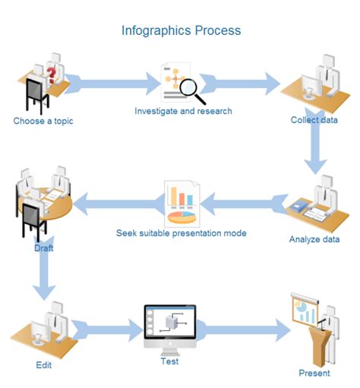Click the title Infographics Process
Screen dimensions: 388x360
pos(181,31)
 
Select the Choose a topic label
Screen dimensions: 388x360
pos(43,120)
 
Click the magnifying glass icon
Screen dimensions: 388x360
pos(192,90)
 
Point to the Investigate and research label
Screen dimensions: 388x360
pos(183,111)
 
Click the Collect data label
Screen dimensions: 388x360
pos(314,120)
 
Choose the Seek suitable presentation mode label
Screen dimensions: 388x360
pos(181,232)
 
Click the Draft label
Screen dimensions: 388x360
pos(43,248)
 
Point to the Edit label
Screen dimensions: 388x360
pos(44,365)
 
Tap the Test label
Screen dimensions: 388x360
pos(169,361)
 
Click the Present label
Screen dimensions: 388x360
pos(314,373)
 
